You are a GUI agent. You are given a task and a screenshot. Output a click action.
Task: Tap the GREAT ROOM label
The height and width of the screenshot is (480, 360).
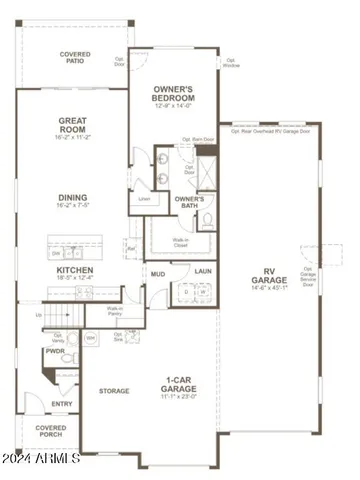point(76,124)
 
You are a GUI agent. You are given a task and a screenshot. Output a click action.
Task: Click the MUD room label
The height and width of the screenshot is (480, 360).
point(158,271)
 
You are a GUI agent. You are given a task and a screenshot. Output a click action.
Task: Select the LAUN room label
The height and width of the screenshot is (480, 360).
point(202,271)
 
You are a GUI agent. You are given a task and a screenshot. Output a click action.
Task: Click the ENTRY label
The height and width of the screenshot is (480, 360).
point(63,404)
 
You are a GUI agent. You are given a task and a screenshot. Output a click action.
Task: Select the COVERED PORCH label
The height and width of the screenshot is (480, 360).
point(51,431)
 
